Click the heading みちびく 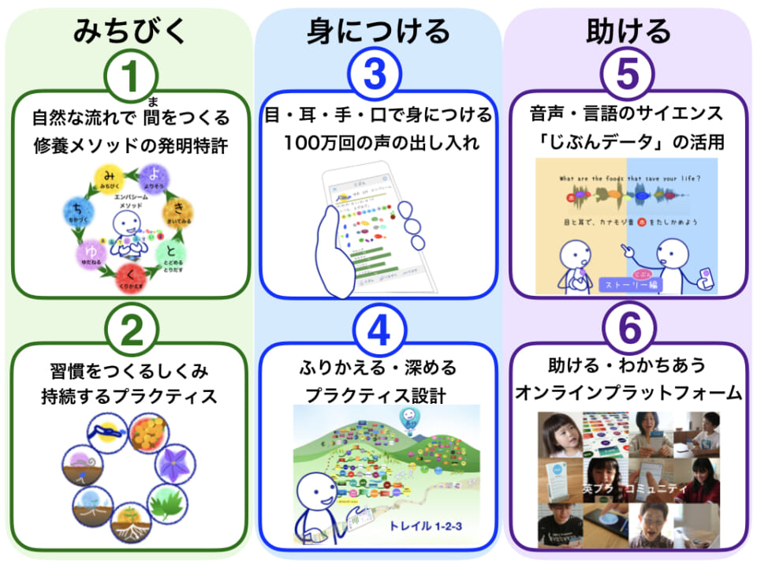pos(130,30)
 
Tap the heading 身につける pos(378,30)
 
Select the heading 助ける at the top pos(628,30)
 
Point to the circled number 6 pos(628,331)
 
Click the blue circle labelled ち pos(76,211)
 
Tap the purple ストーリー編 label pos(631,283)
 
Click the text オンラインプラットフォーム pos(628,392)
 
